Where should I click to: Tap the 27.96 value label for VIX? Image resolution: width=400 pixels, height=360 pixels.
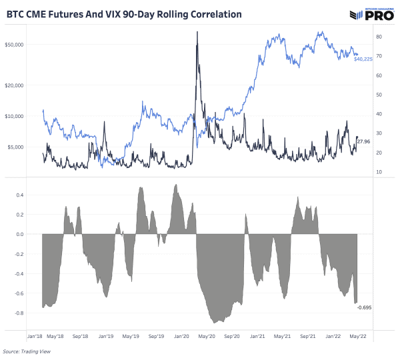point(364,142)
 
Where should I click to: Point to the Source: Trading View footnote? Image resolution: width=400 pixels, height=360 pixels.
point(27,351)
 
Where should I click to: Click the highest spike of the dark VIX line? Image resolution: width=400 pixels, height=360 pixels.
point(197,31)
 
